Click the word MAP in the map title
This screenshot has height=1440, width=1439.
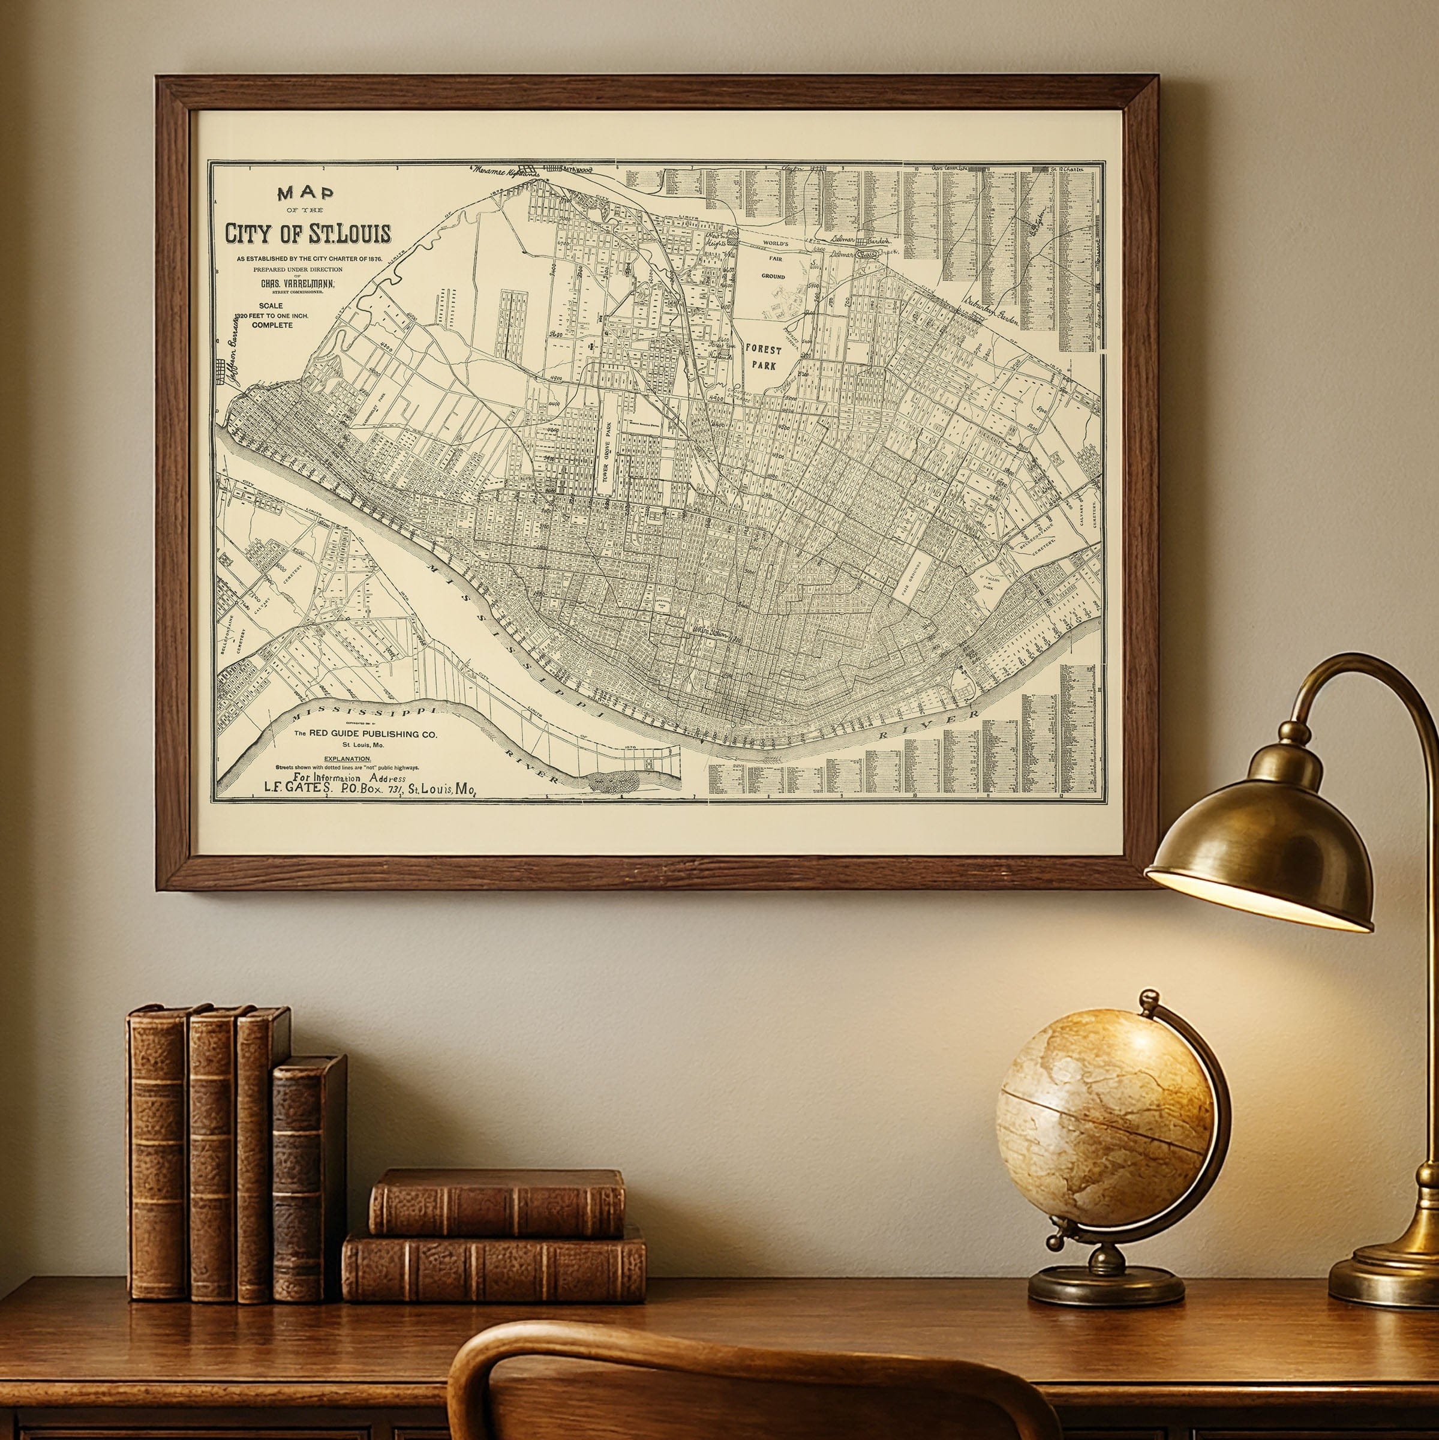305,194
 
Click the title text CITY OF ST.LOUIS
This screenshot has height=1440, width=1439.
308,233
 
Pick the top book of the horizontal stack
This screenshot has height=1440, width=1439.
497,1202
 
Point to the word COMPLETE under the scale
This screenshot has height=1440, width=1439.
272,325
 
